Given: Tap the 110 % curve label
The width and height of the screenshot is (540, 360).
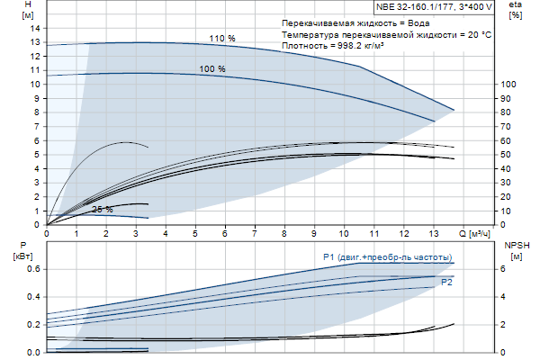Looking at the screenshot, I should (222, 39).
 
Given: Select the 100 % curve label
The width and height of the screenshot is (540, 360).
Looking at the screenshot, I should (212, 69).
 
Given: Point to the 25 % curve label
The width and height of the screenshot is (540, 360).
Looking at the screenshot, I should (102, 210).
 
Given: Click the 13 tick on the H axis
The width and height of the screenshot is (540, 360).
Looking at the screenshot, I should (37, 42).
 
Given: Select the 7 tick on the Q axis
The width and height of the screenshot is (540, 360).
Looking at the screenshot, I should (256, 234).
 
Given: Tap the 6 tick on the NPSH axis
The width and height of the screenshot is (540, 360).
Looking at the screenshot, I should (503, 269).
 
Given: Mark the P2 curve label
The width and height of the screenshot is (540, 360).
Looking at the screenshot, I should (446, 283).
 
